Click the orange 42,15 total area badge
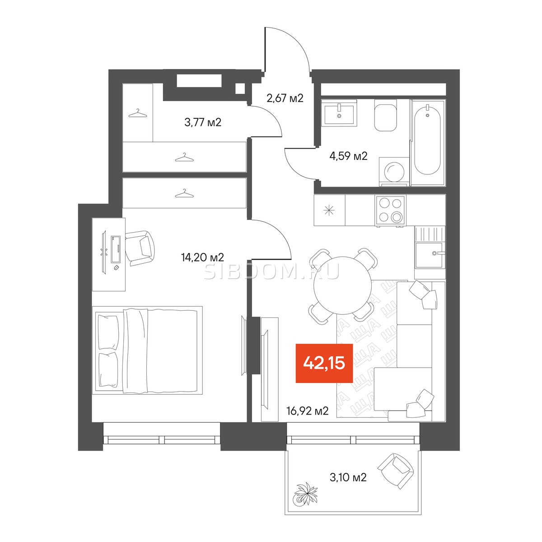point(324,363)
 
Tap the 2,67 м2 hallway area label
point(285,98)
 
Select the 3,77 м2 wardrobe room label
point(203,122)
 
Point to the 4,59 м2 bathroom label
point(349,156)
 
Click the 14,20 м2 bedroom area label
point(202,257)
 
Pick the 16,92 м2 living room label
point(308,411)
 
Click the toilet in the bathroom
point(385,118)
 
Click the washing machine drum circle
point(394,173)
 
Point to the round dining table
point(342,285)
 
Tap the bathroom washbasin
point(339,114)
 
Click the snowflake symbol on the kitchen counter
point(329,210)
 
